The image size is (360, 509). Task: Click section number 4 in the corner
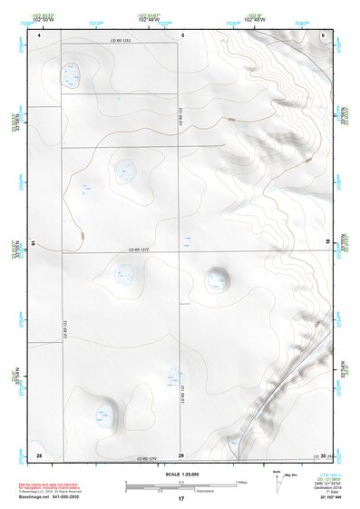tap(40, 34)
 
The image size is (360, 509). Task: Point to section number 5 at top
tap(182, 34)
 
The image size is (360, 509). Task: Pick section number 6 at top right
tap(323, 34)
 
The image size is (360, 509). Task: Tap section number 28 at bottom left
tap(39, 454)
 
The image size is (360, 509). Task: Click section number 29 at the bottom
tap(181, 454)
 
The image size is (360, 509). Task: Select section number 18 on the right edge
tap(327, 243)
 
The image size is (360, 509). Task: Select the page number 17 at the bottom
tap(181, 499)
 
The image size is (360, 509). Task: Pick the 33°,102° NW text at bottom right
tap(329, 498)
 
